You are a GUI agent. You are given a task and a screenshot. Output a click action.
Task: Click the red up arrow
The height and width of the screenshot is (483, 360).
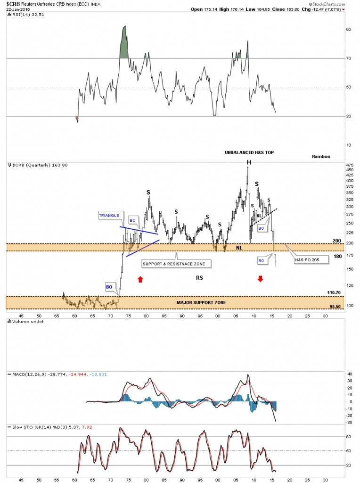140,279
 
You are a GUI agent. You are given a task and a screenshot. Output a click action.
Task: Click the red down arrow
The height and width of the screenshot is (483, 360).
260,279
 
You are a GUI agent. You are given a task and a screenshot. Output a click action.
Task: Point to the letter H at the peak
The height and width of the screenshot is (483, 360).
248,163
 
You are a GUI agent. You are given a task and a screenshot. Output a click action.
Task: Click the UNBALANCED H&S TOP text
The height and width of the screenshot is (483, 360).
249,152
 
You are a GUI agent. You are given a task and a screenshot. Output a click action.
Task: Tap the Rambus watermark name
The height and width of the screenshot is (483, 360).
321,156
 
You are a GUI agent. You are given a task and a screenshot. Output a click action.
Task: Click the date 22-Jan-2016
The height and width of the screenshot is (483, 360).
16,9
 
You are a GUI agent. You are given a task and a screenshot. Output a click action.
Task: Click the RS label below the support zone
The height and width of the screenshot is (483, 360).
199,278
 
